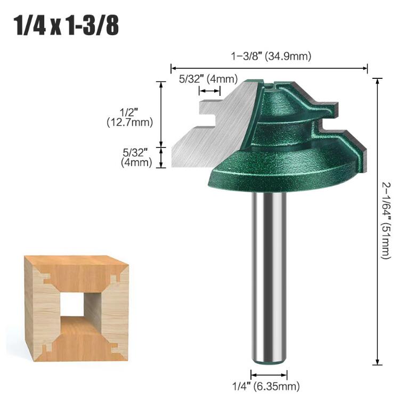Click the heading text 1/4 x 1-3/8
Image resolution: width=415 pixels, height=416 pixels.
pyautogui.click(x=66, y=26)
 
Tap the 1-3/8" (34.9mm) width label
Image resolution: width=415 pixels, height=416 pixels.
pyautogui.click(x=271, y=56)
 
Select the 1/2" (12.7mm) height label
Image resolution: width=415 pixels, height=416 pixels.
pyautogui.click(x=130, y=117)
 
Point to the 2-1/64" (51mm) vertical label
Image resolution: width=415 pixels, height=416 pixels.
pyautogui.click(x=387, y=221)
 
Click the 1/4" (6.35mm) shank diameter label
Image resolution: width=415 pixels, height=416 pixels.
pyautogui.click(x=266, y=386)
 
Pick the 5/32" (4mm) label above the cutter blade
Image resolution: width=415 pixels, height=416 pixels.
pyautogui.click(x=208, y=79)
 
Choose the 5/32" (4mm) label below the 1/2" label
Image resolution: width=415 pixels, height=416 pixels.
pyautogui.click(x=136, y=158)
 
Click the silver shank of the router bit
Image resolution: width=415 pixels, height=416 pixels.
pyautogui.click(x=269, y=276)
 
